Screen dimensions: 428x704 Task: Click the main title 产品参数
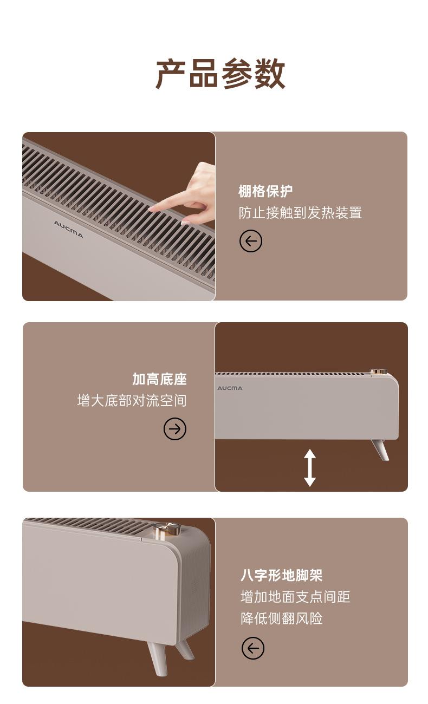(x=221, y=74)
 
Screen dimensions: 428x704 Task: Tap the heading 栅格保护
(x=265, y=191)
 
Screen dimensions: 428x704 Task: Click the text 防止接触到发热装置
(x=300, y=213)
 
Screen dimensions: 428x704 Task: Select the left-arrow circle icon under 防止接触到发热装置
(x=251, y=241)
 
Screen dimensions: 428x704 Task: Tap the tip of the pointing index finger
(x=149, y=209)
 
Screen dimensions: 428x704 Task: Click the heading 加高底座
(x=159, y=379)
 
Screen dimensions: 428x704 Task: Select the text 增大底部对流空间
(x=132, y=401)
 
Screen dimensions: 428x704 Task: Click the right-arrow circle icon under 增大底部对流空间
(x=175, y=429)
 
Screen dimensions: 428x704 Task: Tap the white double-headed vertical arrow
(x=310, y=468)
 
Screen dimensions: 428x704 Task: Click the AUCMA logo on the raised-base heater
(x=230, y=388)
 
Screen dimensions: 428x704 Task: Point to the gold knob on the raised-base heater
(x=378, y=371)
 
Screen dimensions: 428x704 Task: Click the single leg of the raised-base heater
(x=380, y=449)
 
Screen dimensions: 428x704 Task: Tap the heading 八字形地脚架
(x=282, y=575)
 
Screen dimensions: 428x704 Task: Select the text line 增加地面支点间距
(x=295, y=597)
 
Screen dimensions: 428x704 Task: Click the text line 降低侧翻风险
(x=282, y=618)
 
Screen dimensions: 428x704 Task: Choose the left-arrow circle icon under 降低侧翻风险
(x=253, y=648)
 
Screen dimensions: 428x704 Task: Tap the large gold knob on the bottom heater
(x=167, y=529)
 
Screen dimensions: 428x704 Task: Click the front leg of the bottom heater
(x=158, y=659)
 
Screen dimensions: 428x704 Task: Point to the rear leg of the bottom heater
(x=185, y=650)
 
